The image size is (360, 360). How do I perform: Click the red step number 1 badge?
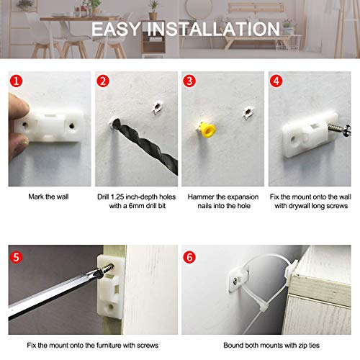pos(16,81)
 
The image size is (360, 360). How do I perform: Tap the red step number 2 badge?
pos(103,81)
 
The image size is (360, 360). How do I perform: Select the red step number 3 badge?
pos(189,81)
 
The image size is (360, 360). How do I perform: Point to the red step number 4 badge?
pos(276,81)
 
